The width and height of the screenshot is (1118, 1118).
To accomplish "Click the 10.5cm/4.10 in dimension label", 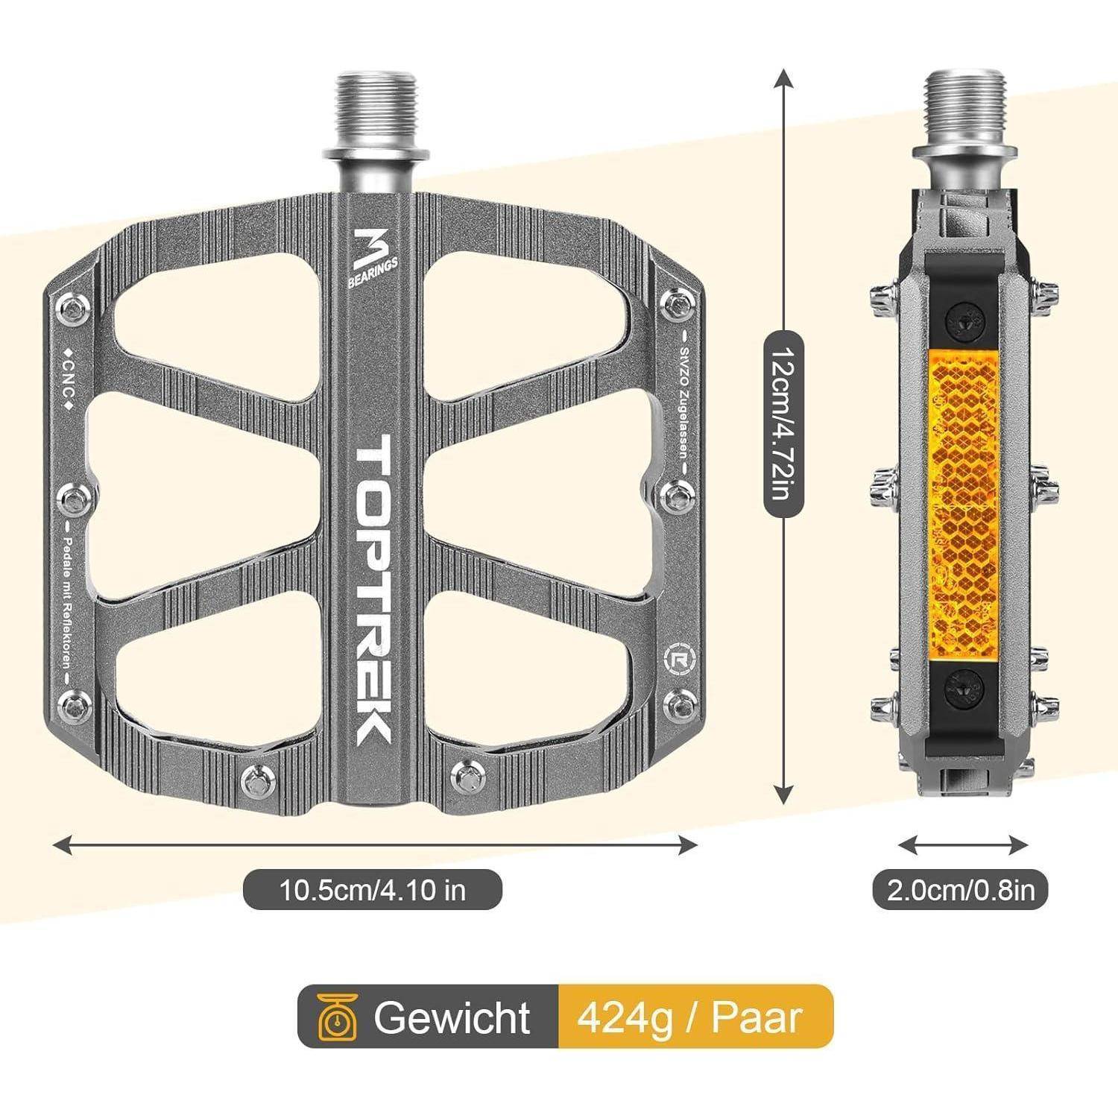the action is tap(372, 889).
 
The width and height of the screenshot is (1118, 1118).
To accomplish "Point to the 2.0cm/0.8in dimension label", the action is tap(961, 890).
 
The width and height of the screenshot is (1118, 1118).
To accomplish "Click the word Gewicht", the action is tap(452, 1017).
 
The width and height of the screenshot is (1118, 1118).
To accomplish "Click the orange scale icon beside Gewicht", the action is tap(336, 1017).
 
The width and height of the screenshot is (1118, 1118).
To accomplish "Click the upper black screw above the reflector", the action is tap(962, 322).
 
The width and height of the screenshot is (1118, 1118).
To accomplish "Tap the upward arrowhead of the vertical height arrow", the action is tap(783, 78).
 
